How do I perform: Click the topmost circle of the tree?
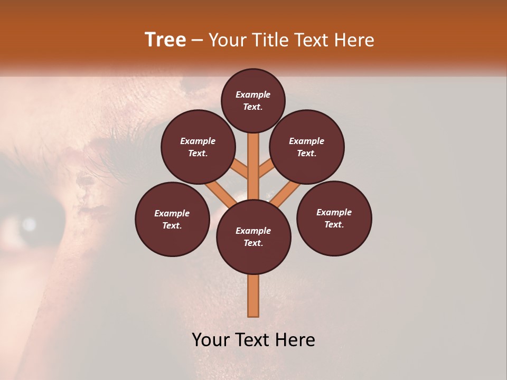pyautogui.click(x=253, y=100)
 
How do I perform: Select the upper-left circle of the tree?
pyautogui.click(x=198, y=147)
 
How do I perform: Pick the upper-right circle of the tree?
pyautogui.click(x=307, y=147)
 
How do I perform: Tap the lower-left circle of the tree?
pyautogui.click(x=172, y=219)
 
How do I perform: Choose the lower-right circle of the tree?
pyautogui.click(x=334, y=218)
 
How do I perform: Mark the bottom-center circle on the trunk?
pyautogui.click(x=253, y=237)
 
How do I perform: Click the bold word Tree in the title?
pyautogui.click(x=165, y=40)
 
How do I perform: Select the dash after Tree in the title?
pyautogui.click(x=197, y=41)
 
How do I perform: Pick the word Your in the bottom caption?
pyautogui.click(x=211, y=339)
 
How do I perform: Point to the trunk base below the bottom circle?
pyautogui.click(x=253, y=296)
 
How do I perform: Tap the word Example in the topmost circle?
pyautogui.click(x=253, y=94)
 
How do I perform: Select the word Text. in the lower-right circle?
pyautogui.click(x=334, y=224)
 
